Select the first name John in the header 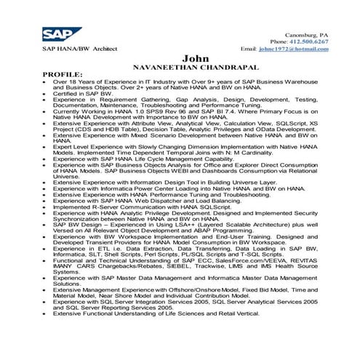pos(195,58)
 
